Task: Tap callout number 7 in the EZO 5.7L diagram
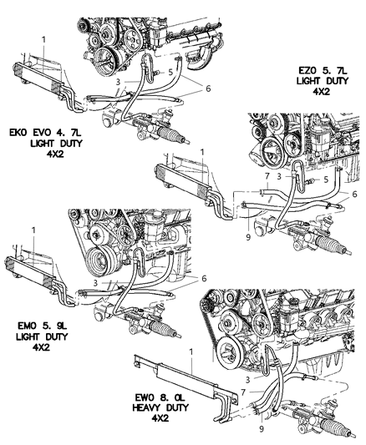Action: coord(267,176)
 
